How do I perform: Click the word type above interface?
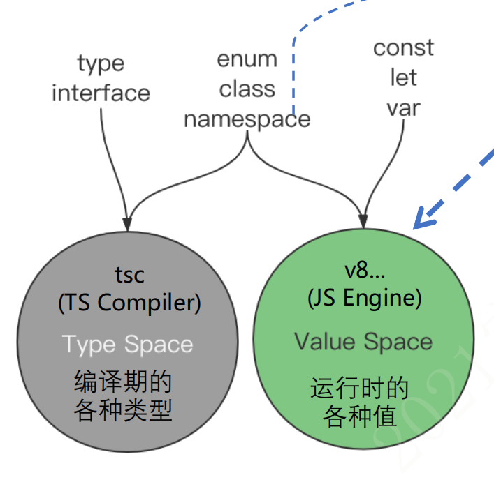click(101, 64)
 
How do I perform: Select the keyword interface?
click(101, 93)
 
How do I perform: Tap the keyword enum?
click(247, 60)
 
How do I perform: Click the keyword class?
click(247, 89)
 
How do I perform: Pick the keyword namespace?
click(247, 119)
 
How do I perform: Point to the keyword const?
click(403, 48)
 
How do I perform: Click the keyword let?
click(403, 77)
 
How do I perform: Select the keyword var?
click(403, 107)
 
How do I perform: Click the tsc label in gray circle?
click(129, 274)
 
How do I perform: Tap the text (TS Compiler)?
click(129, 303)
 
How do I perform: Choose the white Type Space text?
click(128, 344)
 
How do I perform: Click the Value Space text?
click(363, 342)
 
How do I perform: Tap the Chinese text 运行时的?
click(359, 388)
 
